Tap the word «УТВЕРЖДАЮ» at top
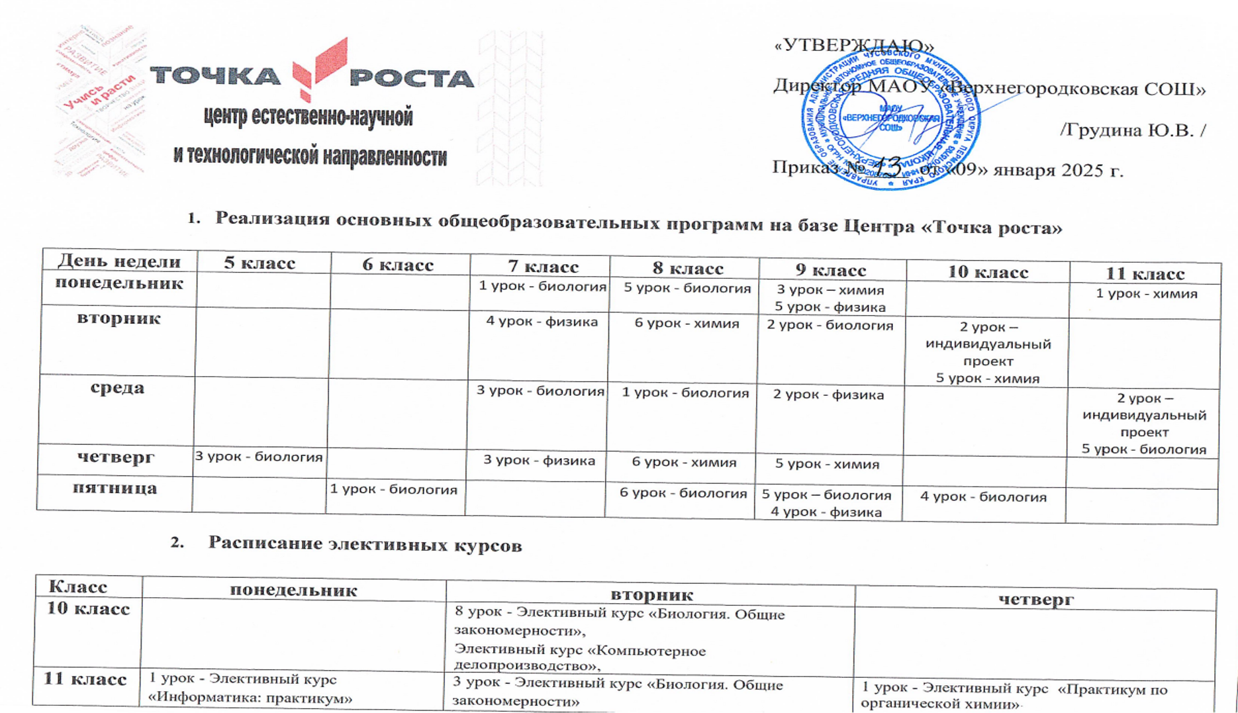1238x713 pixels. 853,46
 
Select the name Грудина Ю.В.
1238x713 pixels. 1132,130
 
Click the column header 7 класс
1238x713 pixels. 543,266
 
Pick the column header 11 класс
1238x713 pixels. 1145,273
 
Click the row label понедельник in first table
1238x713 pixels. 119,283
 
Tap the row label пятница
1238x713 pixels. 115,489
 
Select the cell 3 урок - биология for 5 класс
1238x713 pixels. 258,457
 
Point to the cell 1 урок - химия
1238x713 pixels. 1146,293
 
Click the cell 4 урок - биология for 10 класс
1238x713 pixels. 983,497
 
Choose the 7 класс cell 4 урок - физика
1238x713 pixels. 542,322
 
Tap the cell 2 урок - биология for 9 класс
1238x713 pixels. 830,326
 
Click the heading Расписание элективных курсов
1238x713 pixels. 365,544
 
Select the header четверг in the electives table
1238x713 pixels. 1035,600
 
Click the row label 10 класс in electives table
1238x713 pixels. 88,609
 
